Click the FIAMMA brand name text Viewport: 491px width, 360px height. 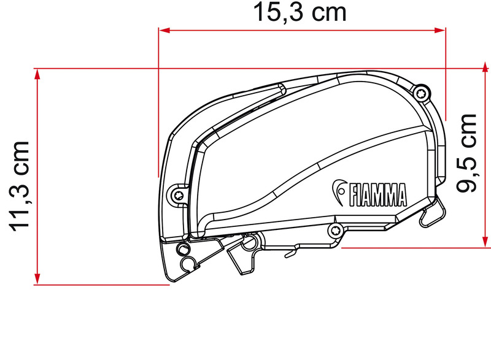378,194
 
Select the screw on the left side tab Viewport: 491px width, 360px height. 177,195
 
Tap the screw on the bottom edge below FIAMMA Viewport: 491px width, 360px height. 335,231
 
